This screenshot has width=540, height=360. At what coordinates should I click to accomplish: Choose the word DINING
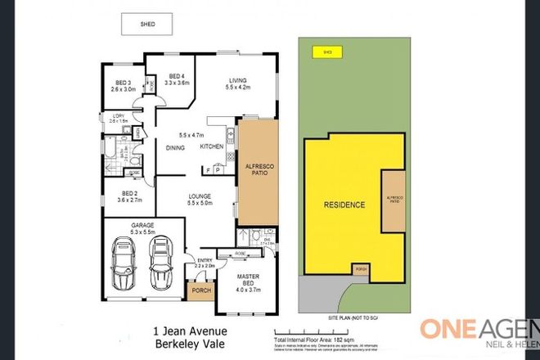[x=175, y=148]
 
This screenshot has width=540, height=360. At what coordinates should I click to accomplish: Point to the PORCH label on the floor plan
[x=200, y=290]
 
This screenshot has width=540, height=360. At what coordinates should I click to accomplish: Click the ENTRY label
[x=204, y=261]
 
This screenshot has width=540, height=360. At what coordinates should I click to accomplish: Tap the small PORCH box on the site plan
[x=359, y=269]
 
